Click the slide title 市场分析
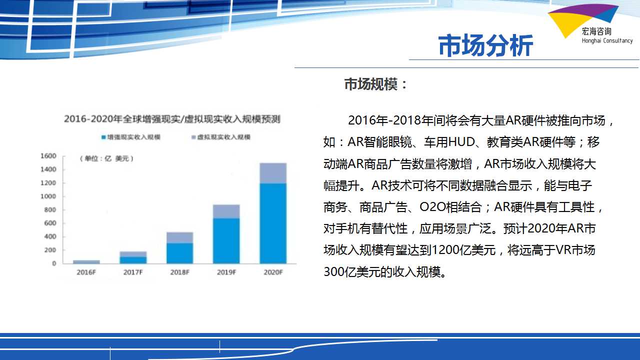click(x=485, y=45)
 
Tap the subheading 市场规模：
click(x=376, y=84)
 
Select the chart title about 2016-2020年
click(x=172, y=119)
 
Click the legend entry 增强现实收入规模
click(x=131, y=137)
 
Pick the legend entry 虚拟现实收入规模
click(x=221, y=137)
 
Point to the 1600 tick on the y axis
click(x=48, y=156)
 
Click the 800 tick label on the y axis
click(x=50, y=209)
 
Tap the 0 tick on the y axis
click(x=54, y=263)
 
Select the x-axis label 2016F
click(x=86, y=272)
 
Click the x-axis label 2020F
click(x=273, y=272)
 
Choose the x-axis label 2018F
click(x=179, y=272)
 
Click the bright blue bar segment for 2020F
click(x=273, y=223)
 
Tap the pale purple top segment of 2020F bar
click(x=273, y=173)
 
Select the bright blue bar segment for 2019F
click(x=226, y=241)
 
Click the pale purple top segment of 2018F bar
click(x=179, y=237)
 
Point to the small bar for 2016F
click(x=86, y=261)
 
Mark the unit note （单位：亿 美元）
click(x=106, y=158)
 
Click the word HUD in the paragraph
click(x=461, y=142)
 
